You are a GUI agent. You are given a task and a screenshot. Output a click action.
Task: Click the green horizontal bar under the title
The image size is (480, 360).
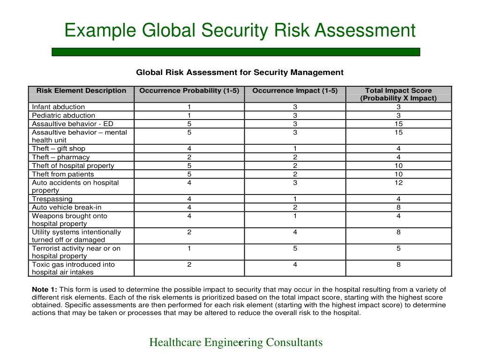[x=236, y=52]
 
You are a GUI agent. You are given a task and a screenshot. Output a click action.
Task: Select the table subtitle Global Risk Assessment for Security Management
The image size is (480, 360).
[x=240, y=72]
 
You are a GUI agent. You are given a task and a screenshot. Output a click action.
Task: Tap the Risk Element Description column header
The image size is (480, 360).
[x=82, y=91]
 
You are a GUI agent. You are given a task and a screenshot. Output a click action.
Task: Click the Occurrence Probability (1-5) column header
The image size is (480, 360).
[x=189, y=91]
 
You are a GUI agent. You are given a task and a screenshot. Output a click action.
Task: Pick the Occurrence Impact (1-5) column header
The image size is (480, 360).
[x=295, y=91]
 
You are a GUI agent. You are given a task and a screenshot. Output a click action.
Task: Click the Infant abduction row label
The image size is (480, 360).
[x=59, y=107]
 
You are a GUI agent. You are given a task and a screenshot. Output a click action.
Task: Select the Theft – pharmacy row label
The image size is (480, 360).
[x=61, y=157]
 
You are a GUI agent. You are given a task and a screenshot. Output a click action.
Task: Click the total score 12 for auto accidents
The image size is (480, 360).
[x=398, y=183]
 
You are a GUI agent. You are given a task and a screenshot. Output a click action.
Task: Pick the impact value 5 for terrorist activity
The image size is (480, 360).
[x=295, y=248]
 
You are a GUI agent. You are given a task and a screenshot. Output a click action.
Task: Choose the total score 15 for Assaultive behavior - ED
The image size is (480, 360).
[x=398, y=124]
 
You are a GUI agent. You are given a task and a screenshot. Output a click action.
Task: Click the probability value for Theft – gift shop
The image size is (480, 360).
[x=189, y=149]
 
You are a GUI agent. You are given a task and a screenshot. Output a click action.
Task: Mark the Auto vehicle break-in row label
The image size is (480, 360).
[x=67, y=207]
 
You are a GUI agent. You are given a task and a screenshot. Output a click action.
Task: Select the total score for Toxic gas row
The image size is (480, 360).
[x=398, y=264]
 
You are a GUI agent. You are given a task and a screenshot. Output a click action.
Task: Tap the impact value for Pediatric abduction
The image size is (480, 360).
[x=295, y=115]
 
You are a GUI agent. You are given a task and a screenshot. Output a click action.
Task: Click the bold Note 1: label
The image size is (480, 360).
[x=45, y=289]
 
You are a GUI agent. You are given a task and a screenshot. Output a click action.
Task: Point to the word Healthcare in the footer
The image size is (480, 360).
[x=175, y=343]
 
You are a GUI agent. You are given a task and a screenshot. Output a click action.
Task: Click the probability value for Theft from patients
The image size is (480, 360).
[x=189, y=174]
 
